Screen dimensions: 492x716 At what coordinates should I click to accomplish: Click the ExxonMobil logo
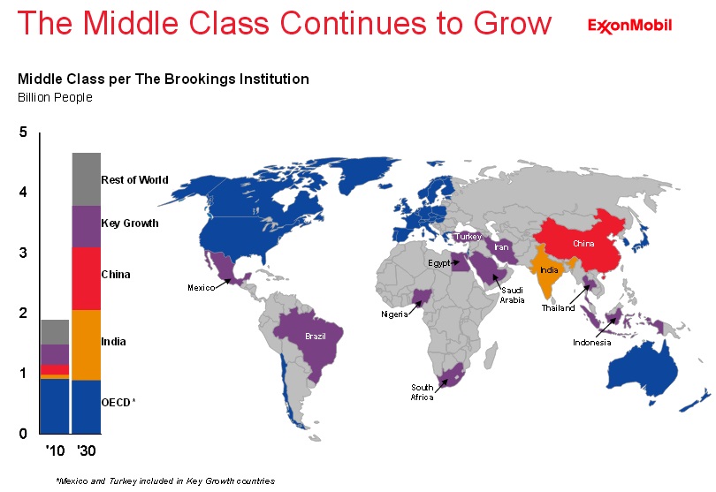click(x=629, y=26)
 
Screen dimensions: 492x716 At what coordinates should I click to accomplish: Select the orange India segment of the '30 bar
click(x=86, y=344)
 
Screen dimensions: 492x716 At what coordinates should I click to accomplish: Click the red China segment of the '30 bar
click(x=86, y=278)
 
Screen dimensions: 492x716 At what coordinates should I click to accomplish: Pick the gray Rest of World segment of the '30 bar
click(x=86, y=179)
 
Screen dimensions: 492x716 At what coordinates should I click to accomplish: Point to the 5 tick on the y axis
click(x=24, y=132)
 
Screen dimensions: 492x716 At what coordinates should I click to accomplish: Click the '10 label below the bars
click(x=55, y=451)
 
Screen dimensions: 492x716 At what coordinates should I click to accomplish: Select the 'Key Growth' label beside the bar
click(x=130, y=223)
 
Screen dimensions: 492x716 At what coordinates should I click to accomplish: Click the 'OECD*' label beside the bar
click(x=118, y=403)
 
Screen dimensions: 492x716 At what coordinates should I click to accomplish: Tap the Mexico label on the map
click(x=202, y=288)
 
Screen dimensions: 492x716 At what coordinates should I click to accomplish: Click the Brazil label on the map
click(x=316, y=337)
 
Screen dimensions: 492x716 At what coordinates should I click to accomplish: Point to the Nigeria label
click(x=395, y=314)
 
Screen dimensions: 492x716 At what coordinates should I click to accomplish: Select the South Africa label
click(x=423, y=392)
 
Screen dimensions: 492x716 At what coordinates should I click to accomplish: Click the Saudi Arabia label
click(x=514, y=295)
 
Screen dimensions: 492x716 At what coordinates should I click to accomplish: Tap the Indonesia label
click(x=591, y=343)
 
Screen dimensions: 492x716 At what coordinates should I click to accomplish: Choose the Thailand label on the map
click(x=559, y=308)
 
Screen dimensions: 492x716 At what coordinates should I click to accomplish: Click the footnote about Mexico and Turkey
click(x=165, y=481)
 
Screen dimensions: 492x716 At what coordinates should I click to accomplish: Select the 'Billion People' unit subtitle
click(x=56, y=97)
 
